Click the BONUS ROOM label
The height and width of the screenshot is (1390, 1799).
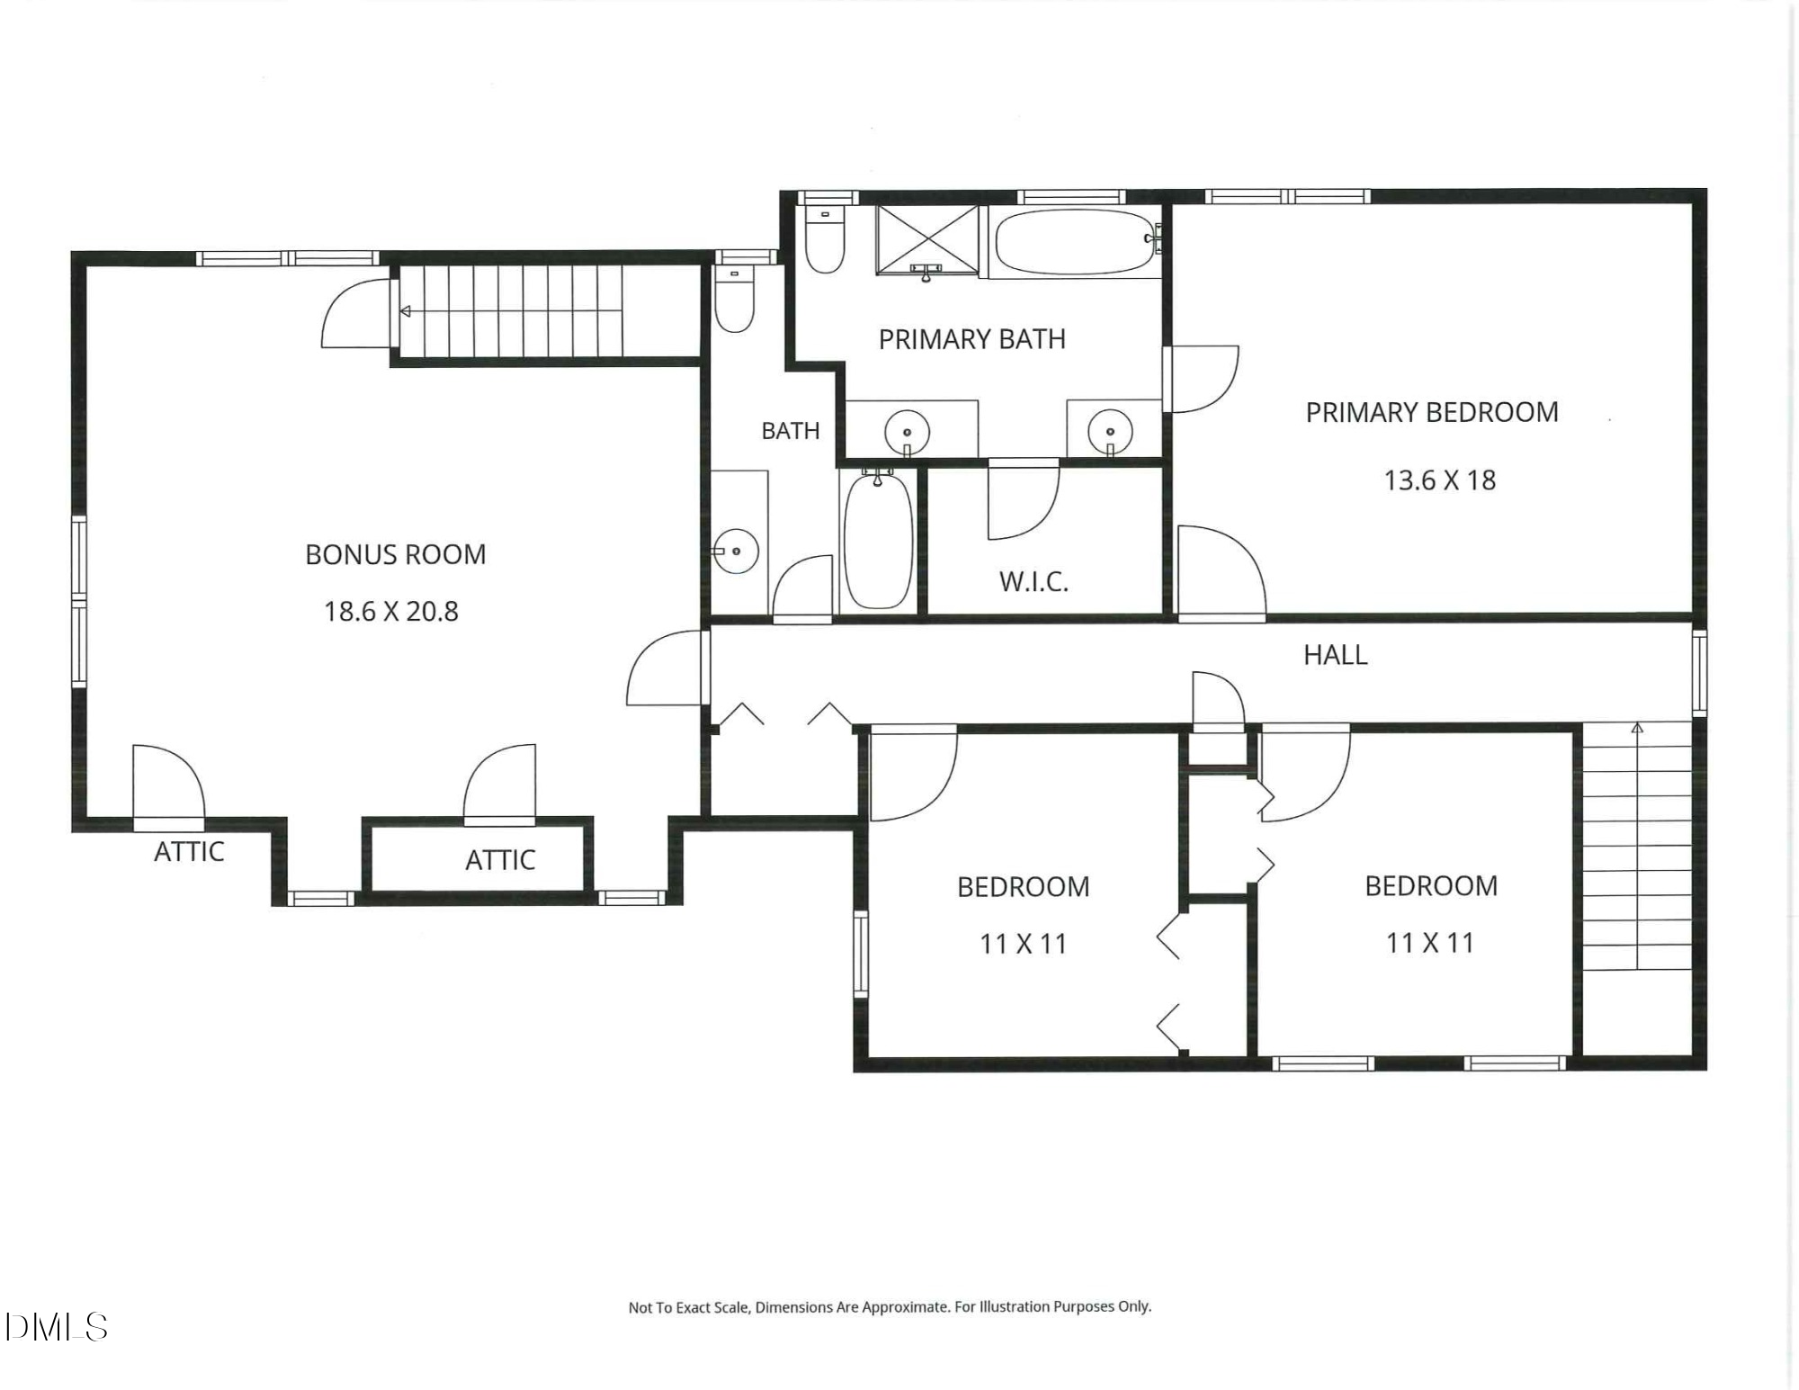point(396,554)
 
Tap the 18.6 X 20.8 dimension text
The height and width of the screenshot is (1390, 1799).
point(391,612)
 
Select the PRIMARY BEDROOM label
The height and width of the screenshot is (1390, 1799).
point(1432,412)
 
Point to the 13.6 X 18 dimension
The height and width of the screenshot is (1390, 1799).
point(1439,480)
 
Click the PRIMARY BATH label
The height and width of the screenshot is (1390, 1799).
point(972,339)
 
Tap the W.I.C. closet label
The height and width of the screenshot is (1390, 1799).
point(1034,581)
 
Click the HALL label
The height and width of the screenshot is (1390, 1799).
point(1336,655)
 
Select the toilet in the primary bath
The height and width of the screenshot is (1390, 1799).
point(824,238)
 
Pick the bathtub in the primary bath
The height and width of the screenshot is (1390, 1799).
point(1075,242)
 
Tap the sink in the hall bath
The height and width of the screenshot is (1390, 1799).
point(737,550)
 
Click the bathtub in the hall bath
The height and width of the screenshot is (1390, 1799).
point(878,541)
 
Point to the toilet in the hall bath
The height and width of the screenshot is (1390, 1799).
point(735,300)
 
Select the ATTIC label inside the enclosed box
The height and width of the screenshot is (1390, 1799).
point(500,860)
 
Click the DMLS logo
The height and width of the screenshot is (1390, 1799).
point(56,1327)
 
